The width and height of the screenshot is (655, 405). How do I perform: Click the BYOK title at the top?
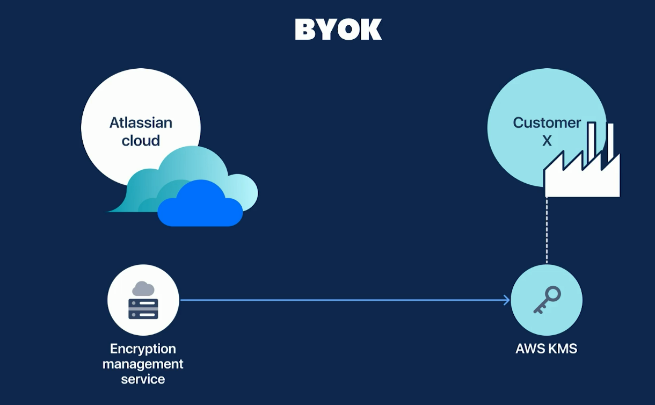(338, 30)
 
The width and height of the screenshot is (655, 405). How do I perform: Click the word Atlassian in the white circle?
(141, 122)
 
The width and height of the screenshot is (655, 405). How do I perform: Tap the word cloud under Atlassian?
(141, 141)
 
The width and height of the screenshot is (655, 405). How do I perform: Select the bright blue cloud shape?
(200, 206)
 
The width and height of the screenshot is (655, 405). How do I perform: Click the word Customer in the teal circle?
(547, 122)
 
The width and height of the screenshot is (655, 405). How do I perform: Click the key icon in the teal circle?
(547, 300)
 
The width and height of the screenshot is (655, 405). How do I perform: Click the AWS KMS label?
(546, 349)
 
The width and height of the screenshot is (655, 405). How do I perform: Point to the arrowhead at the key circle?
(506, 300)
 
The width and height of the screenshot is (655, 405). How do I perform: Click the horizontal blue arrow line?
(344, 300)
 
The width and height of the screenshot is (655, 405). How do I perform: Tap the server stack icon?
(143, 308)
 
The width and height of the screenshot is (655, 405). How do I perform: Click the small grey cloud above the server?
(143, 288)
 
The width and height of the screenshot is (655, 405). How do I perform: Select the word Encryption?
(143, 349)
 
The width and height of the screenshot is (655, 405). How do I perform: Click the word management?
(143, 364)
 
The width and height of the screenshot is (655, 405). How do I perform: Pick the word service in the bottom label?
(143, 379)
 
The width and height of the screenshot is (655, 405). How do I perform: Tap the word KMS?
(562, 349)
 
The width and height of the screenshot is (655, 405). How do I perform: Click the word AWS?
(529, 349)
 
